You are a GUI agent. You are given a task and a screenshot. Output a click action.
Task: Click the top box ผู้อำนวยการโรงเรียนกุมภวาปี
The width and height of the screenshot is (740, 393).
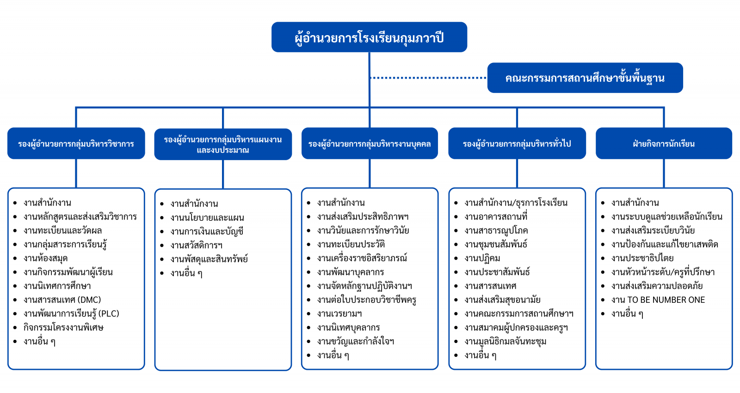click(x=369, y=37)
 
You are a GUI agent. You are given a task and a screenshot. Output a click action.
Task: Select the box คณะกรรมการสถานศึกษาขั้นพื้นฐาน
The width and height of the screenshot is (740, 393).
click(x=585, y=78)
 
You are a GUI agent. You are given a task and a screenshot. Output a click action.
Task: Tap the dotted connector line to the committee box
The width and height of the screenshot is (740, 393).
click(x=428, y=78)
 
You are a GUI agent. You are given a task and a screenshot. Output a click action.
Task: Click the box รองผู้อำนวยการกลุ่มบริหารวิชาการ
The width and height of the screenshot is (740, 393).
click(x=76, y=143)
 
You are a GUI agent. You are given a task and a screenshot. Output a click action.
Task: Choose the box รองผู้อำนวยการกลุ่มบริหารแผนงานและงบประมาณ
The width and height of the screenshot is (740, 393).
click(x=223, y=144)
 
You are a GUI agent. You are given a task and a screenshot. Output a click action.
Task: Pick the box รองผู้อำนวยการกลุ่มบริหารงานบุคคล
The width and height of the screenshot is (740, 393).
click(x=370, y=143)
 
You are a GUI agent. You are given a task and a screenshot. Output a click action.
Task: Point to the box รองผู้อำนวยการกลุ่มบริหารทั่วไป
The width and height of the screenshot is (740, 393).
click(x=517, y=143)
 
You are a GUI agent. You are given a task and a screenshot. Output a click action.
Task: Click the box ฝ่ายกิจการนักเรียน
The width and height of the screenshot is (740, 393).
click(x=664, y=143)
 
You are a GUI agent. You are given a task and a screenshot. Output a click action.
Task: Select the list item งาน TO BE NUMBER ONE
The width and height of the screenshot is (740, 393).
click(x=658, y=300)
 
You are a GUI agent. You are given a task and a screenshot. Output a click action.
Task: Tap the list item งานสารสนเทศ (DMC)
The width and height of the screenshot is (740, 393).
click(x=62, y=300)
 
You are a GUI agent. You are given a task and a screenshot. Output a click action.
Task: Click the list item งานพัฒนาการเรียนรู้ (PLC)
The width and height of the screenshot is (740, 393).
click(x=71, y=314)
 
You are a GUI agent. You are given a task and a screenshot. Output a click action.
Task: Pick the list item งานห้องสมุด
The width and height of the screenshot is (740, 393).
click(x=45, y=258)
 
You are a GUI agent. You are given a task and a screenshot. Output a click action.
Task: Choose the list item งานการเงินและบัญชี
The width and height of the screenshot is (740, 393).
click(x=207, y=231)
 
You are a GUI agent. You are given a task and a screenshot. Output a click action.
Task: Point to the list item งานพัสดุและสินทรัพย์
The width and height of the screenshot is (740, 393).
click(x=209, y=259)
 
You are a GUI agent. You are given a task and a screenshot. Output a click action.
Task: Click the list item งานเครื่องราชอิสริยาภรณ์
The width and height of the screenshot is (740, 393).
click(x=362, y=258)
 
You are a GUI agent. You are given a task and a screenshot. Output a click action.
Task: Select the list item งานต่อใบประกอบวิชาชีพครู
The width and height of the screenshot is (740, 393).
click(x=367, y=300)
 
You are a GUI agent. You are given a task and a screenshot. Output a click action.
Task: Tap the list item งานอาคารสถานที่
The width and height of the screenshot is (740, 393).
click(x=496, y=217)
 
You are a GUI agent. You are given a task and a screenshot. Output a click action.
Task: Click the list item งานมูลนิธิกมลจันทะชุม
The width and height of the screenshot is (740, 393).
click(x=505, y=342)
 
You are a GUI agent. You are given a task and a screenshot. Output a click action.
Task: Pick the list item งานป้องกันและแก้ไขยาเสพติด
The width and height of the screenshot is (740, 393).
click(x=665, y=244)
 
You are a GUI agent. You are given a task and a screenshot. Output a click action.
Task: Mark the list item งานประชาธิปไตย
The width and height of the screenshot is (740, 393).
click(x=642, y=258)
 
